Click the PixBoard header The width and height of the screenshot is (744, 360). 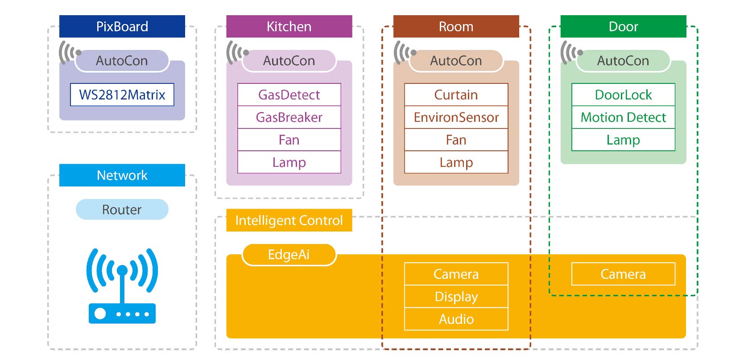[122, 26]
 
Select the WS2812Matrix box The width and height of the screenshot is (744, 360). [122, 95]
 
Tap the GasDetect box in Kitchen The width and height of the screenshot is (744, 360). [289, 95]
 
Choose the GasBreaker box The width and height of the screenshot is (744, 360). [289, 117]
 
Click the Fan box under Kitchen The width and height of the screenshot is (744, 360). [289, 140]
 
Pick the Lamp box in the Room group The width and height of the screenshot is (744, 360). [456, 162]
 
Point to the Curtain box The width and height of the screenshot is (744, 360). [456, 95]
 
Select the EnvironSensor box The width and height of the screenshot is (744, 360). [456, 117]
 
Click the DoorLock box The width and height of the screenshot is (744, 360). [623, 95]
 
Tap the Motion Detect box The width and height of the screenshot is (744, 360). [623, 117]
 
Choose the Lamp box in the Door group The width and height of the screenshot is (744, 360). [623, 140]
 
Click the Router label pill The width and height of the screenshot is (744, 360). [122, 210]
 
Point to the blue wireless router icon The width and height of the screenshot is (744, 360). [122, 286]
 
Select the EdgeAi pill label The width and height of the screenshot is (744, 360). [289, 255]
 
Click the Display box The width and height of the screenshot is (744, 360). [456, 297]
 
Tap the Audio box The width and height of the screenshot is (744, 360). [456, 319]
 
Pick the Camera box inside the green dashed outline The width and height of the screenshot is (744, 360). [623, 274]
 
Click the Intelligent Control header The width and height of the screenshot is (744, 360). [289, 220]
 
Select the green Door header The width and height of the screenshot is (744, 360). [623, 26]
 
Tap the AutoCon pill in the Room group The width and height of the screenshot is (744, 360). [456, 61]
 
